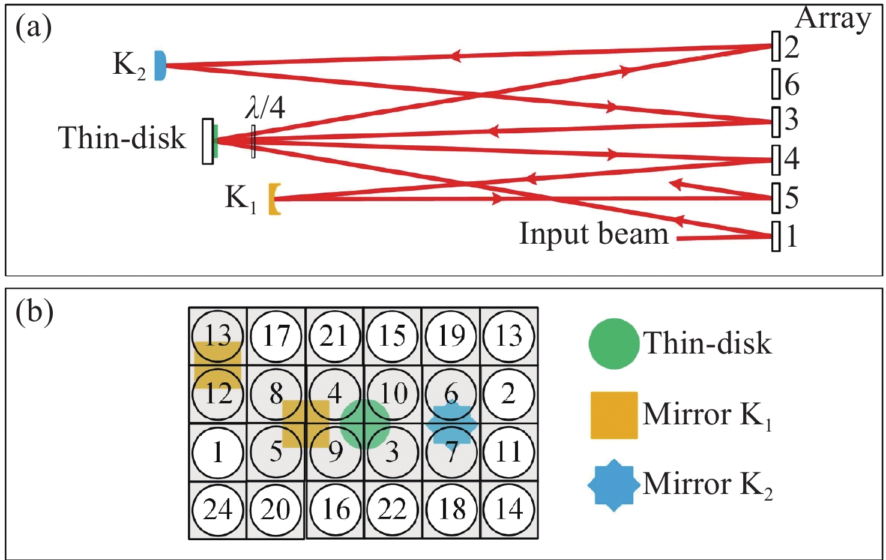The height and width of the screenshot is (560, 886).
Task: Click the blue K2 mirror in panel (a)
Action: pyautogui.click(x=160, y=65)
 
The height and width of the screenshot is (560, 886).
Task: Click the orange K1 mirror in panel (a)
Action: pyautogui.click(x=274, y=199)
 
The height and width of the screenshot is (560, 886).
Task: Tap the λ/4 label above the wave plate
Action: pyautogui.click(x=265, y=108)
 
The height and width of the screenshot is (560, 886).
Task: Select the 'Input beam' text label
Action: pyautogui.click(x=594, y=233)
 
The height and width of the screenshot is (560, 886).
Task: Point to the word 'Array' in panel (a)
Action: pyautogui.click(x=833, y=19)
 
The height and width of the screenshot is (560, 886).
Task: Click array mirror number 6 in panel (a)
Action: pyautogui.click(x=776, y=84)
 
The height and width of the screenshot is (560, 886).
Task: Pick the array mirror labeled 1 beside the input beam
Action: pyautogui.click(x=776, y=236)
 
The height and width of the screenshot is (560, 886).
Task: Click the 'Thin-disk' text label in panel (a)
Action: pyautogui.click(x=122, y=138)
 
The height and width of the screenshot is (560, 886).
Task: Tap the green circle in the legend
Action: pyautogui.click(x=613, y=343)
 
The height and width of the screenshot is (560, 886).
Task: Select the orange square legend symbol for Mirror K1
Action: pyautogui.click(x=613, y=415)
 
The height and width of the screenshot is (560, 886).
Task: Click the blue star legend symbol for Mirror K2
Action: pyautogui.click(x=613, y=484)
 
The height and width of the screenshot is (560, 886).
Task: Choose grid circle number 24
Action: pyautogui.click(x=217, y=510)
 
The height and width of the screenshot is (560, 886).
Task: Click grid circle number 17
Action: pyautogui.click(x=276, y=336)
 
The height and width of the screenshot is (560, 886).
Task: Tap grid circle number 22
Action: pyautogui.click(x=392, y=510)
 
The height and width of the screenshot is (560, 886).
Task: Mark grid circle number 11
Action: pyautogui.click(x=508, y=451)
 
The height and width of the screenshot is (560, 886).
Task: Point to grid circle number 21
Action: pyautogui.click(x=334, y=336)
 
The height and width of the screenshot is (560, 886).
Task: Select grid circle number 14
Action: pyautogui.click(x=508, y=510)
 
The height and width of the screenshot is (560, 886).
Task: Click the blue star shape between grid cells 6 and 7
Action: pyautogui.click(x=451, y=423)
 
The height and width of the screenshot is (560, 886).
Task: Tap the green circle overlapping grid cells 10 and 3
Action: pyautogui.click(x=364, y=424)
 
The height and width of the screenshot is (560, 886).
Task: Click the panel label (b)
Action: pyautogui.click(x=34, y=312)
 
